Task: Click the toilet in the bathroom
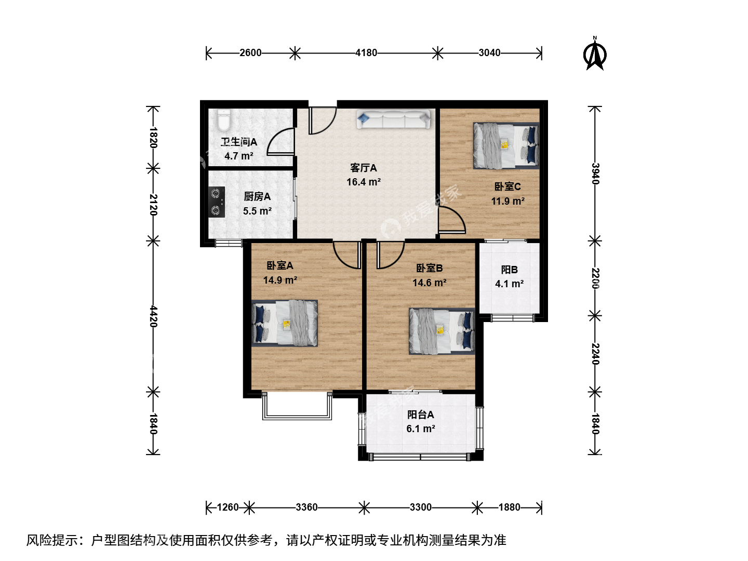tap(223, 120)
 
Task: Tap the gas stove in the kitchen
tap(217, 202)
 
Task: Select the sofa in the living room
tap(394, 119)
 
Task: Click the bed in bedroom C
tap(506, 145)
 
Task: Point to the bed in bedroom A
tap(285, 323)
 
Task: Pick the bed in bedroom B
tap(442, 331)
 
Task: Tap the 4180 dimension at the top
tap(366, 53)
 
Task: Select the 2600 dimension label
tap(250, 53)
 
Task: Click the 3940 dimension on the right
tap(595, 173)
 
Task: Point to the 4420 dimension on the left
tap(153, 316)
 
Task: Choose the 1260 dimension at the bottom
tap(228, 507)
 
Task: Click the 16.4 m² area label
tap(364, 182)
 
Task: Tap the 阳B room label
tap(510, 270)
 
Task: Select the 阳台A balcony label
tap(421, 415)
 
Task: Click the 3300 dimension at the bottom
tap(421, 507)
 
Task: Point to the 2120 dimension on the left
tap(153, 205)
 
